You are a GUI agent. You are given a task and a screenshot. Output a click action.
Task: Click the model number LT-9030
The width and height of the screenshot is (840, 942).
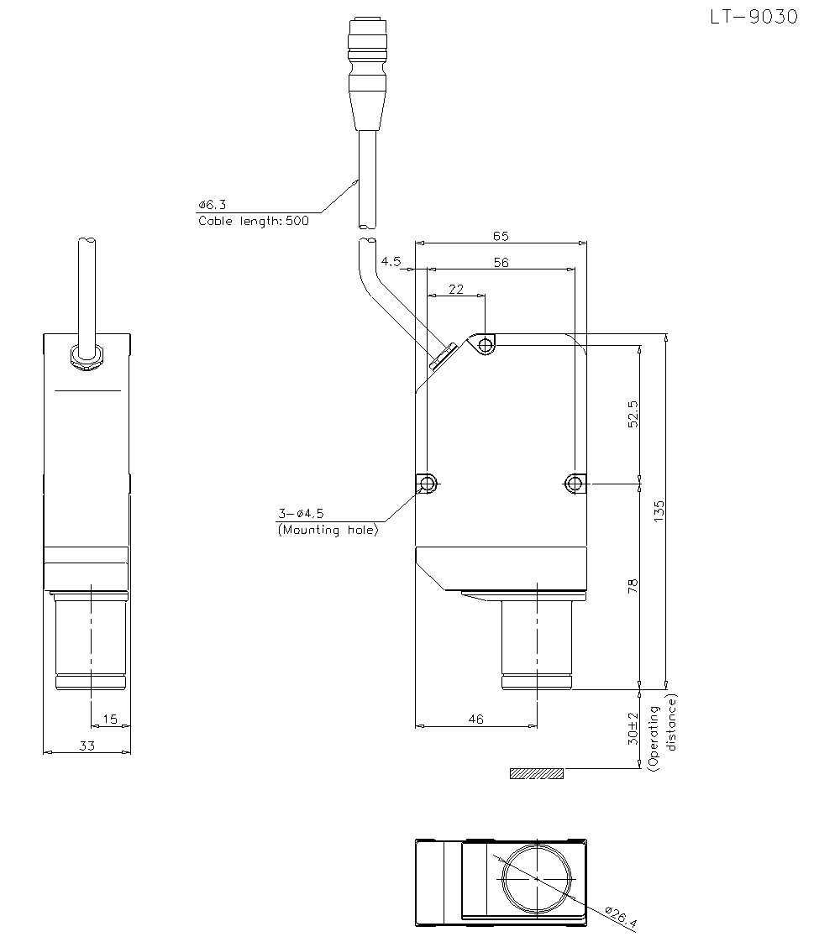click(754, 17)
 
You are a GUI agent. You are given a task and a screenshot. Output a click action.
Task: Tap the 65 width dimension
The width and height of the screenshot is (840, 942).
click(501, 236)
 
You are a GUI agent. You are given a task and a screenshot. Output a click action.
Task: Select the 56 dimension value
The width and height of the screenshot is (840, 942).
click(501, 263)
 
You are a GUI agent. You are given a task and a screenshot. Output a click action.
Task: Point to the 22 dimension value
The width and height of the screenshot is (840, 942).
click(456, 290)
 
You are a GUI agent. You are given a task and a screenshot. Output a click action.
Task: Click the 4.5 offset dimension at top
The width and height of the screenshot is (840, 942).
click(391, 261)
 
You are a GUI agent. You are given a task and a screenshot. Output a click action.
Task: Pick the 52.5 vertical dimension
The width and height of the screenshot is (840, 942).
click(633, 414)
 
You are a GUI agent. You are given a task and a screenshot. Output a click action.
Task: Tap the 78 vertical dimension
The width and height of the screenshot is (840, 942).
click(633, 586)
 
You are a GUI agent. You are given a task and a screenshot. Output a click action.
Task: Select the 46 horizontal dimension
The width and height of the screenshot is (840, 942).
click(475, 720)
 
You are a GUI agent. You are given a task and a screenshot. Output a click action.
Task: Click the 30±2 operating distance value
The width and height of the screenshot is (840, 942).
click(633, 729)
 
